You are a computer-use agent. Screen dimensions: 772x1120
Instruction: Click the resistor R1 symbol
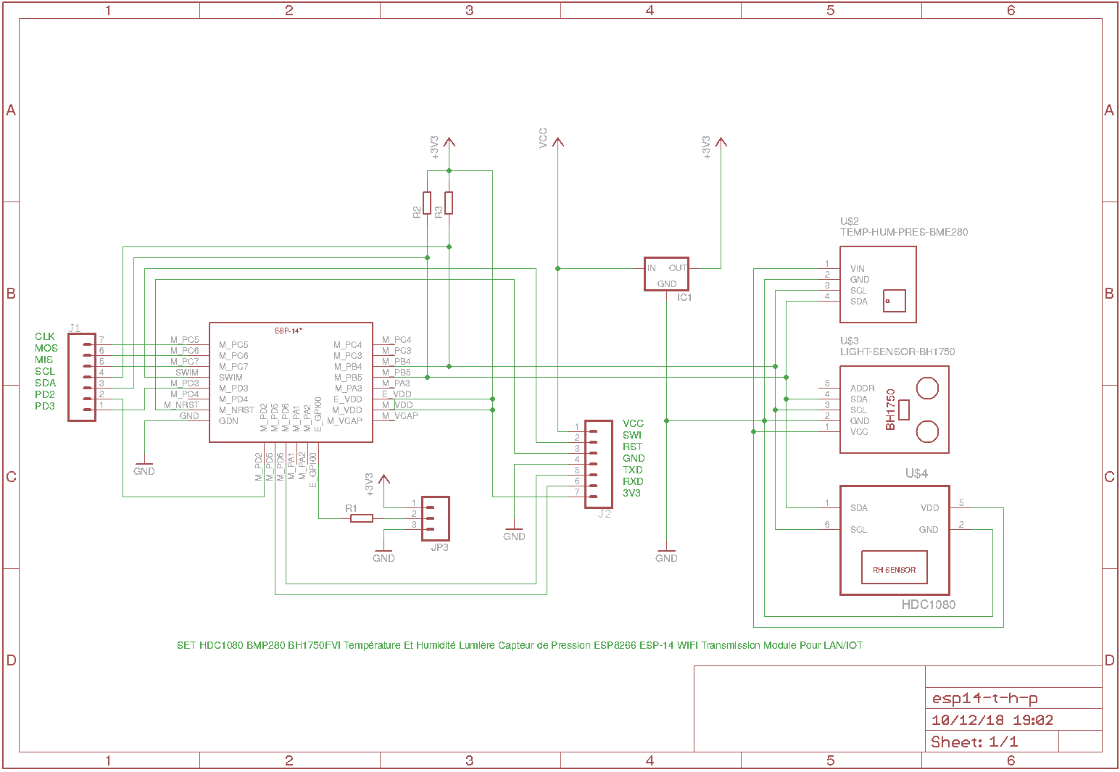pyautogui.click(x=362, y=518)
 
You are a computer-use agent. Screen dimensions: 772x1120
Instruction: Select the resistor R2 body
pyautogui.click(x=427, y=203)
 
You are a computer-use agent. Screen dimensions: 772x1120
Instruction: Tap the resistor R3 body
pyautogui.click(x=449, y=203)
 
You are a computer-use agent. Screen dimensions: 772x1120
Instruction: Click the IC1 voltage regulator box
pyautogui.click(x=666, y=275)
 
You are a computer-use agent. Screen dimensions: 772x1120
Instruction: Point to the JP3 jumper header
pyautogui.click(x=436, y=518)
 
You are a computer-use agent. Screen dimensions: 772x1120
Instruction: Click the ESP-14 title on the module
pyautogui.click(x=289, y=331)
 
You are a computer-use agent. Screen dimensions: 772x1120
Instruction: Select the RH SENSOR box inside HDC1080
pyautogui.click(x=894, y=570)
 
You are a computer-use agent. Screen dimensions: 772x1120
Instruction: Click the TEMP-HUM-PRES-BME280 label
pyautogui.click(x=904, y=233)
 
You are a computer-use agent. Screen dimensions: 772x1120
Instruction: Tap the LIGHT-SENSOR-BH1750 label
pyautogui.click(x=897, y=352)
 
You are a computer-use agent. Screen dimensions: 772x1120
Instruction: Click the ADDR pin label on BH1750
pyautogui.click(x=863, y=389)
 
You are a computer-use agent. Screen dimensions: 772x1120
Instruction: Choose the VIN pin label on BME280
pyautogui.click(x=858, y=269)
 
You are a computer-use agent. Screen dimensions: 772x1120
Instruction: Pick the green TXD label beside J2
pyautogui.click(x=633, y=470)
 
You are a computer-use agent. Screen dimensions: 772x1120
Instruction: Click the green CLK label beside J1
pyautogui.click(x=45, y=336)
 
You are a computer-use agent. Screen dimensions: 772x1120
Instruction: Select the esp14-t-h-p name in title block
pyautogui.click(x=984, y=699)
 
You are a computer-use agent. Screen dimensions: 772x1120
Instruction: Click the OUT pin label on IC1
pyautogui.click(x=678, y=268)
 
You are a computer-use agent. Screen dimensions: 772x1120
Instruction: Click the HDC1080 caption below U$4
pyautogui.click(x=928, y=605)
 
